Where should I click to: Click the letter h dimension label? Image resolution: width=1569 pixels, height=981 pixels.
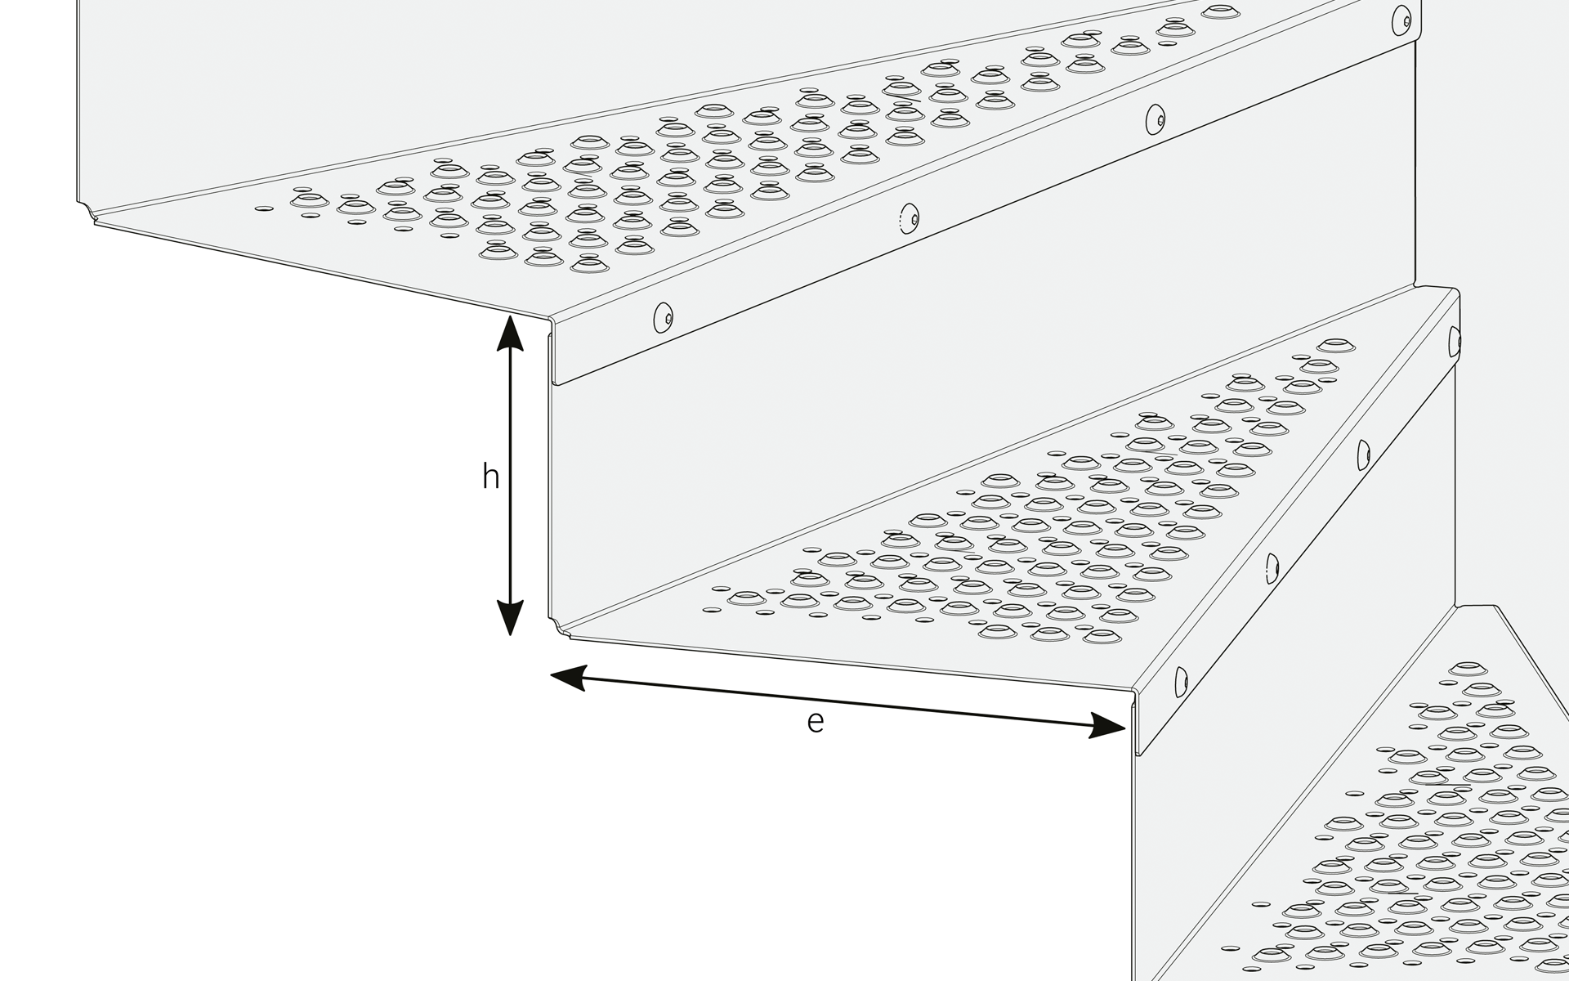(490, 477)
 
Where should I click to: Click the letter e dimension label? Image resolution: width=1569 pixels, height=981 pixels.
(815, 722)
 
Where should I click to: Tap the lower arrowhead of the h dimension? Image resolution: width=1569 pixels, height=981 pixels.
(510, 618)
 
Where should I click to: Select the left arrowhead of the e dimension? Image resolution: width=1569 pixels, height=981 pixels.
(569, 677)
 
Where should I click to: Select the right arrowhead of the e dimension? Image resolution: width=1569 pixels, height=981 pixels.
(1106, 725)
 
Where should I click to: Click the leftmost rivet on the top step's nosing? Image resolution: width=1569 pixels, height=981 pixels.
(663, 317)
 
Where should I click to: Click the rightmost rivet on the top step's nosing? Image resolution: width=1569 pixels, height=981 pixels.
(1402, 20)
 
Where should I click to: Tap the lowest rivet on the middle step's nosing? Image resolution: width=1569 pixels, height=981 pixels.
(1181, 682)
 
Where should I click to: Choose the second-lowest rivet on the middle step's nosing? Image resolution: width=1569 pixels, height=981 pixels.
(1272, 568)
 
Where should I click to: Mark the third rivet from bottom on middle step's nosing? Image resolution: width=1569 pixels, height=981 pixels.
(1363, 455)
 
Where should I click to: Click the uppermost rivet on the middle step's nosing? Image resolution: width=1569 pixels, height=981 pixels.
(1454, 342)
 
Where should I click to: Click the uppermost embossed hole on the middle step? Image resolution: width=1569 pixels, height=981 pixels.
(1335, 345)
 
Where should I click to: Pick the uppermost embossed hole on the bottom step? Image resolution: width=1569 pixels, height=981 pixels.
(1468, 669)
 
